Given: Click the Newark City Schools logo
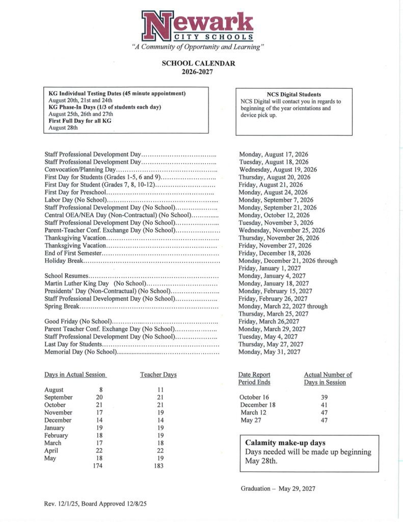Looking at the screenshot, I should click(x=198, y=27).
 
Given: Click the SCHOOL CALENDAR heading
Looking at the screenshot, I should click(x=198, y=64).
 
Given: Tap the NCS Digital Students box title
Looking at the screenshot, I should click(x=294, y=94).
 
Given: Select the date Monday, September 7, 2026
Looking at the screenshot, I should click(x=276, y=200).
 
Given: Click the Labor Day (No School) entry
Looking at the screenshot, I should click(x=76, y=200).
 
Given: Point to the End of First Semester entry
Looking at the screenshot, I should click(x=73, y=253).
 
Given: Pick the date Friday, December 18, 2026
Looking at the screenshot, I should click(x=275, y=253).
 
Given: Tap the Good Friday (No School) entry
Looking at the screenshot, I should click(x=78, y=322).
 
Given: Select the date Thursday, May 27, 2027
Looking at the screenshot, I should click(x=271, y=345).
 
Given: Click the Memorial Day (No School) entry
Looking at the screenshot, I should click(x=80, y=352).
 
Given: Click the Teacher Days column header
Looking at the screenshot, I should click(x=158, y=375).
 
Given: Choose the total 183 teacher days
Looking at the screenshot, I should click(x=158, y=465).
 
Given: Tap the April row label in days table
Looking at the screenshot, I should click(x=51, y=451).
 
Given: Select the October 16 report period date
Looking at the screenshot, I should click(x=254, y=397).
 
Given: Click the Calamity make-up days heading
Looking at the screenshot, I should click(x=285, y=442).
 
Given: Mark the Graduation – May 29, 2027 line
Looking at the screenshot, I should click(x=278, y=488).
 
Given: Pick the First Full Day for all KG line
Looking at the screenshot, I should click(x=80, y=121).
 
